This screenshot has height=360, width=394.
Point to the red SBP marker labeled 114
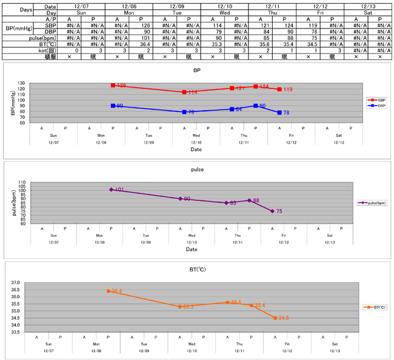[184, 92]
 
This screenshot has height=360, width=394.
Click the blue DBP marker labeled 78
[279, 113]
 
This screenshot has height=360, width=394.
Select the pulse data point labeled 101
[112, 190]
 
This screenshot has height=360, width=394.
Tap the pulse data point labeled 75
[272, 211]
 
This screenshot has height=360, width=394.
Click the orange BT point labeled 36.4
[109, 291]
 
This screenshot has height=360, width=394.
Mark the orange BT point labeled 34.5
[275, 318]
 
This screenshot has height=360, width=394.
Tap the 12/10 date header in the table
[224, 6]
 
